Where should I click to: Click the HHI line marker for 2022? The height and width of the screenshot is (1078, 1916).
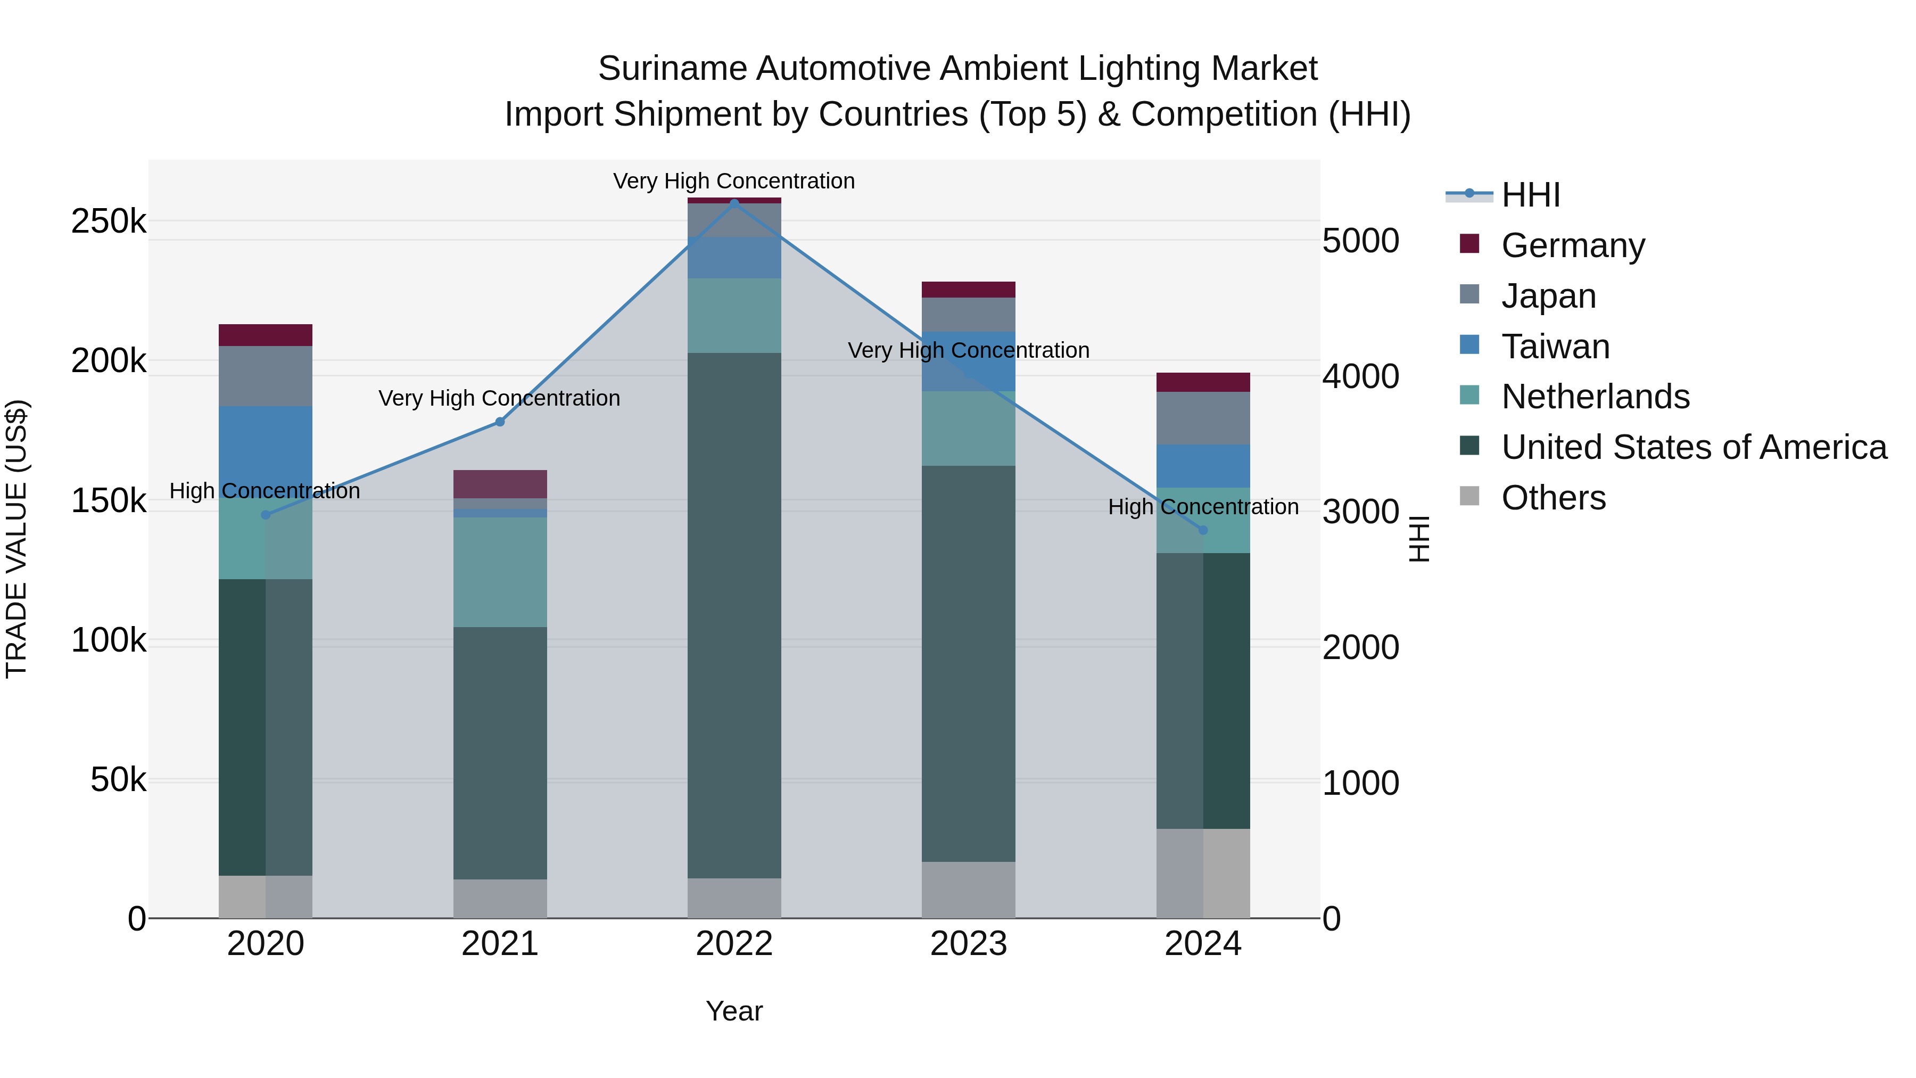click(x=734, y=203)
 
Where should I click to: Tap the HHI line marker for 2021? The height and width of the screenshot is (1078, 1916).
click(x=500, y=422)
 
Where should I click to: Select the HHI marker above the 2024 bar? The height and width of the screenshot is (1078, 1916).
click(x=1203, y=530)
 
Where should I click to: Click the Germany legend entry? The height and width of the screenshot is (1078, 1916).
click(x=1572, y=245)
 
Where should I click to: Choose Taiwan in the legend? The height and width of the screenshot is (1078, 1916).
click(x=1555, y=347)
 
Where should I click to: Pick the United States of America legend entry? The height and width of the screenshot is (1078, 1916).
click(x=1693, y=447)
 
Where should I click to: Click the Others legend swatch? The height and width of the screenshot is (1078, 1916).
click(x=1469, y=496)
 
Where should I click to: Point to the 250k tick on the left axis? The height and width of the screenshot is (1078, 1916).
click(x=109, y=221)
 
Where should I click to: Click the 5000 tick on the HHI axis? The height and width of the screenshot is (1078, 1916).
click(x=1360, y=241)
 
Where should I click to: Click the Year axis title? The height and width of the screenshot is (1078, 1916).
click(x=733, y=1011)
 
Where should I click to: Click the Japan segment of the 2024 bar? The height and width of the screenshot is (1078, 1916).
click(x=1203, y=417)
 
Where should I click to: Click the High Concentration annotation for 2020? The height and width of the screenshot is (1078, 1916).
click(x=265, y=491)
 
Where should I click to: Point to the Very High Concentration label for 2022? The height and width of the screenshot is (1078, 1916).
click(x=733, y=181)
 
